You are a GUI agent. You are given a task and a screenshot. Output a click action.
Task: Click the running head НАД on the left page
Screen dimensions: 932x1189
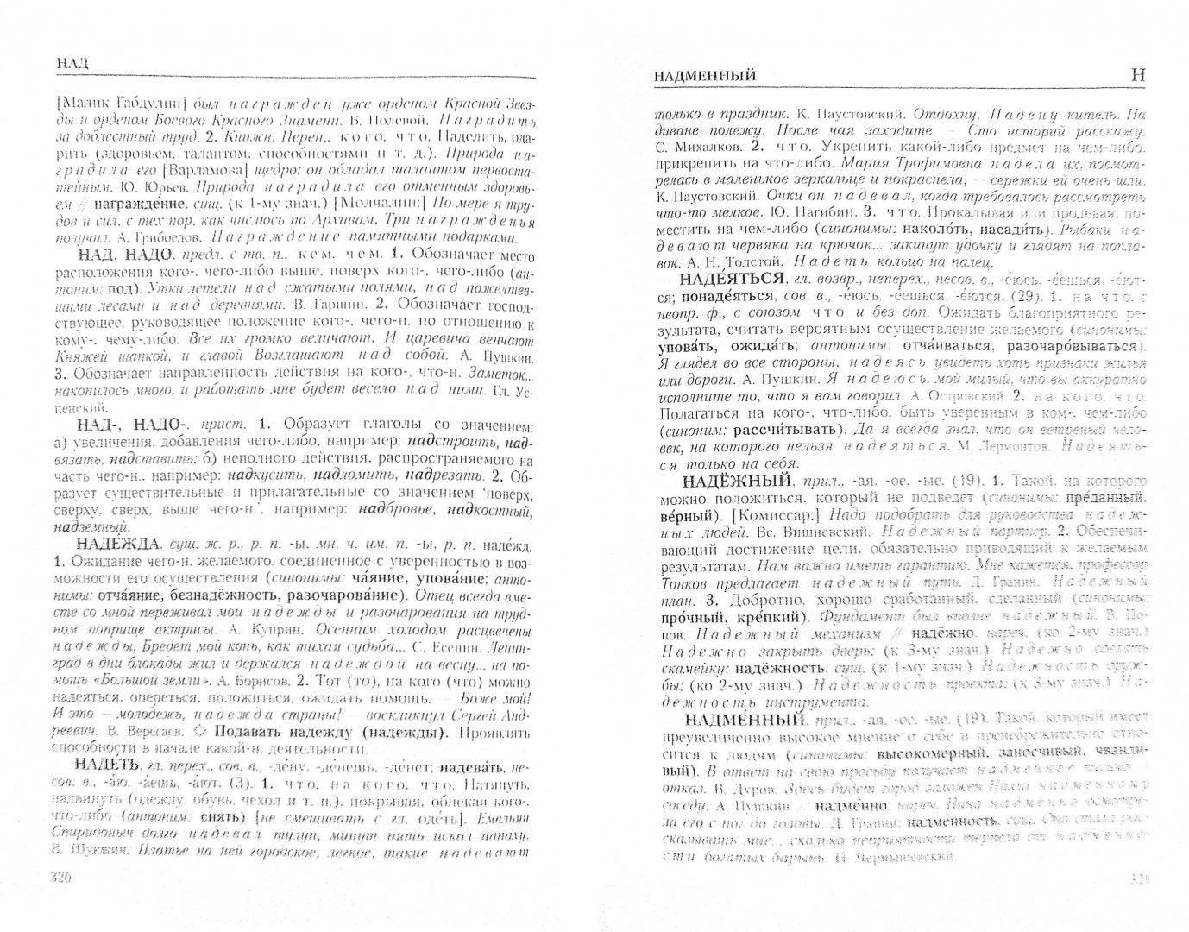(71, 62)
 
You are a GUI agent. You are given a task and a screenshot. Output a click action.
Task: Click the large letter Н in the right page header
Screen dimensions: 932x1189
(1138, 76)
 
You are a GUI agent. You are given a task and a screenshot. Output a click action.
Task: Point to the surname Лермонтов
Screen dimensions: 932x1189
(1002, 447)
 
